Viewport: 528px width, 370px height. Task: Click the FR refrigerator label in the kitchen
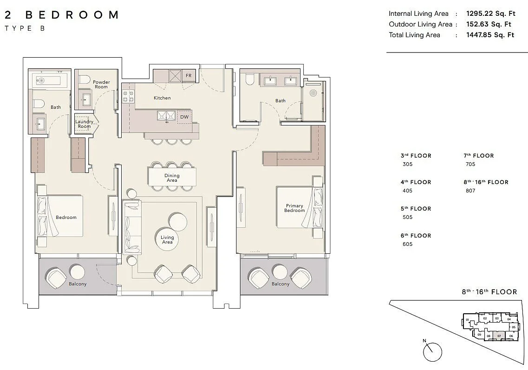click(x=189, y=75)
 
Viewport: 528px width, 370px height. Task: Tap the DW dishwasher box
click(x=184, y=117)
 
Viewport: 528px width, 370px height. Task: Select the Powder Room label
click(x=101, y=85)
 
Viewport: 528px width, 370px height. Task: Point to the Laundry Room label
click(x=84, y=124)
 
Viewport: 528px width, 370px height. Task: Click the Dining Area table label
click(x=172, y=178)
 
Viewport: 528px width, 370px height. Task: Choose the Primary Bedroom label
click(x=294, y=208)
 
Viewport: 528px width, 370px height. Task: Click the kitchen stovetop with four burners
click(x=128, y=96)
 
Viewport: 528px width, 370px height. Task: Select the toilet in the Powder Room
click(x=85, y=80)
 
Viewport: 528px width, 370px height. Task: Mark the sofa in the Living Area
click(x=133, y=227)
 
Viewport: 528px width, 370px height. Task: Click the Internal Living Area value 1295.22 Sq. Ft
click(x=490, y=14)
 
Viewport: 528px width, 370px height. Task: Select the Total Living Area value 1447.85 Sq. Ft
click(x=490, y=35)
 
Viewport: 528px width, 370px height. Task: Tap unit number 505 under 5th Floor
click(x=407, y=217)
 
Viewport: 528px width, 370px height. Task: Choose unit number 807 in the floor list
click(x=470, y=191)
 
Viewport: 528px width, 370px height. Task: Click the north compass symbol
click(x=432, y=351)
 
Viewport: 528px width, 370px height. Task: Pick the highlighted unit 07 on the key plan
click(x=499, y=335)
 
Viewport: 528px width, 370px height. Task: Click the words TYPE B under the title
click(x=25, y=28)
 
